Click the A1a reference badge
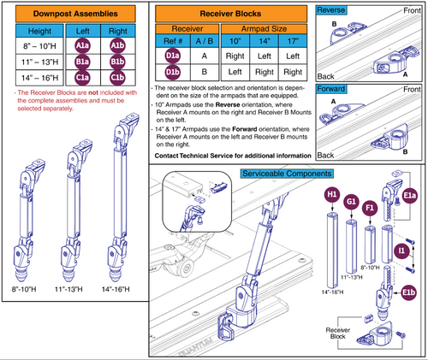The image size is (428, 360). tap(82, 46)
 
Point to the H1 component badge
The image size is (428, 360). tap(330, 195)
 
